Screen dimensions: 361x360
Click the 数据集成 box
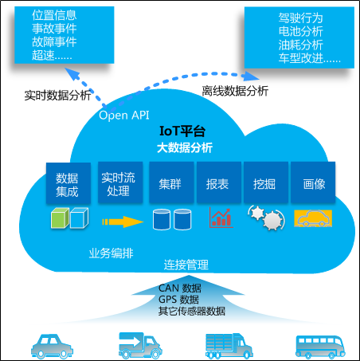click(68, 184)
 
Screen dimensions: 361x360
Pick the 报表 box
click(217, 184)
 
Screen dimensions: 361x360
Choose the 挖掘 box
click(264, 184)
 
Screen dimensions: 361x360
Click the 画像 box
click(313, 184)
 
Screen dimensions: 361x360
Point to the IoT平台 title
click(183, 131)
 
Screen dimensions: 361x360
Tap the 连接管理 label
click(186, 264)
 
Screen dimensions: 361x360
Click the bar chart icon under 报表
click(221, 218)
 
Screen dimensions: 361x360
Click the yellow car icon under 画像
click(312, 218)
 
